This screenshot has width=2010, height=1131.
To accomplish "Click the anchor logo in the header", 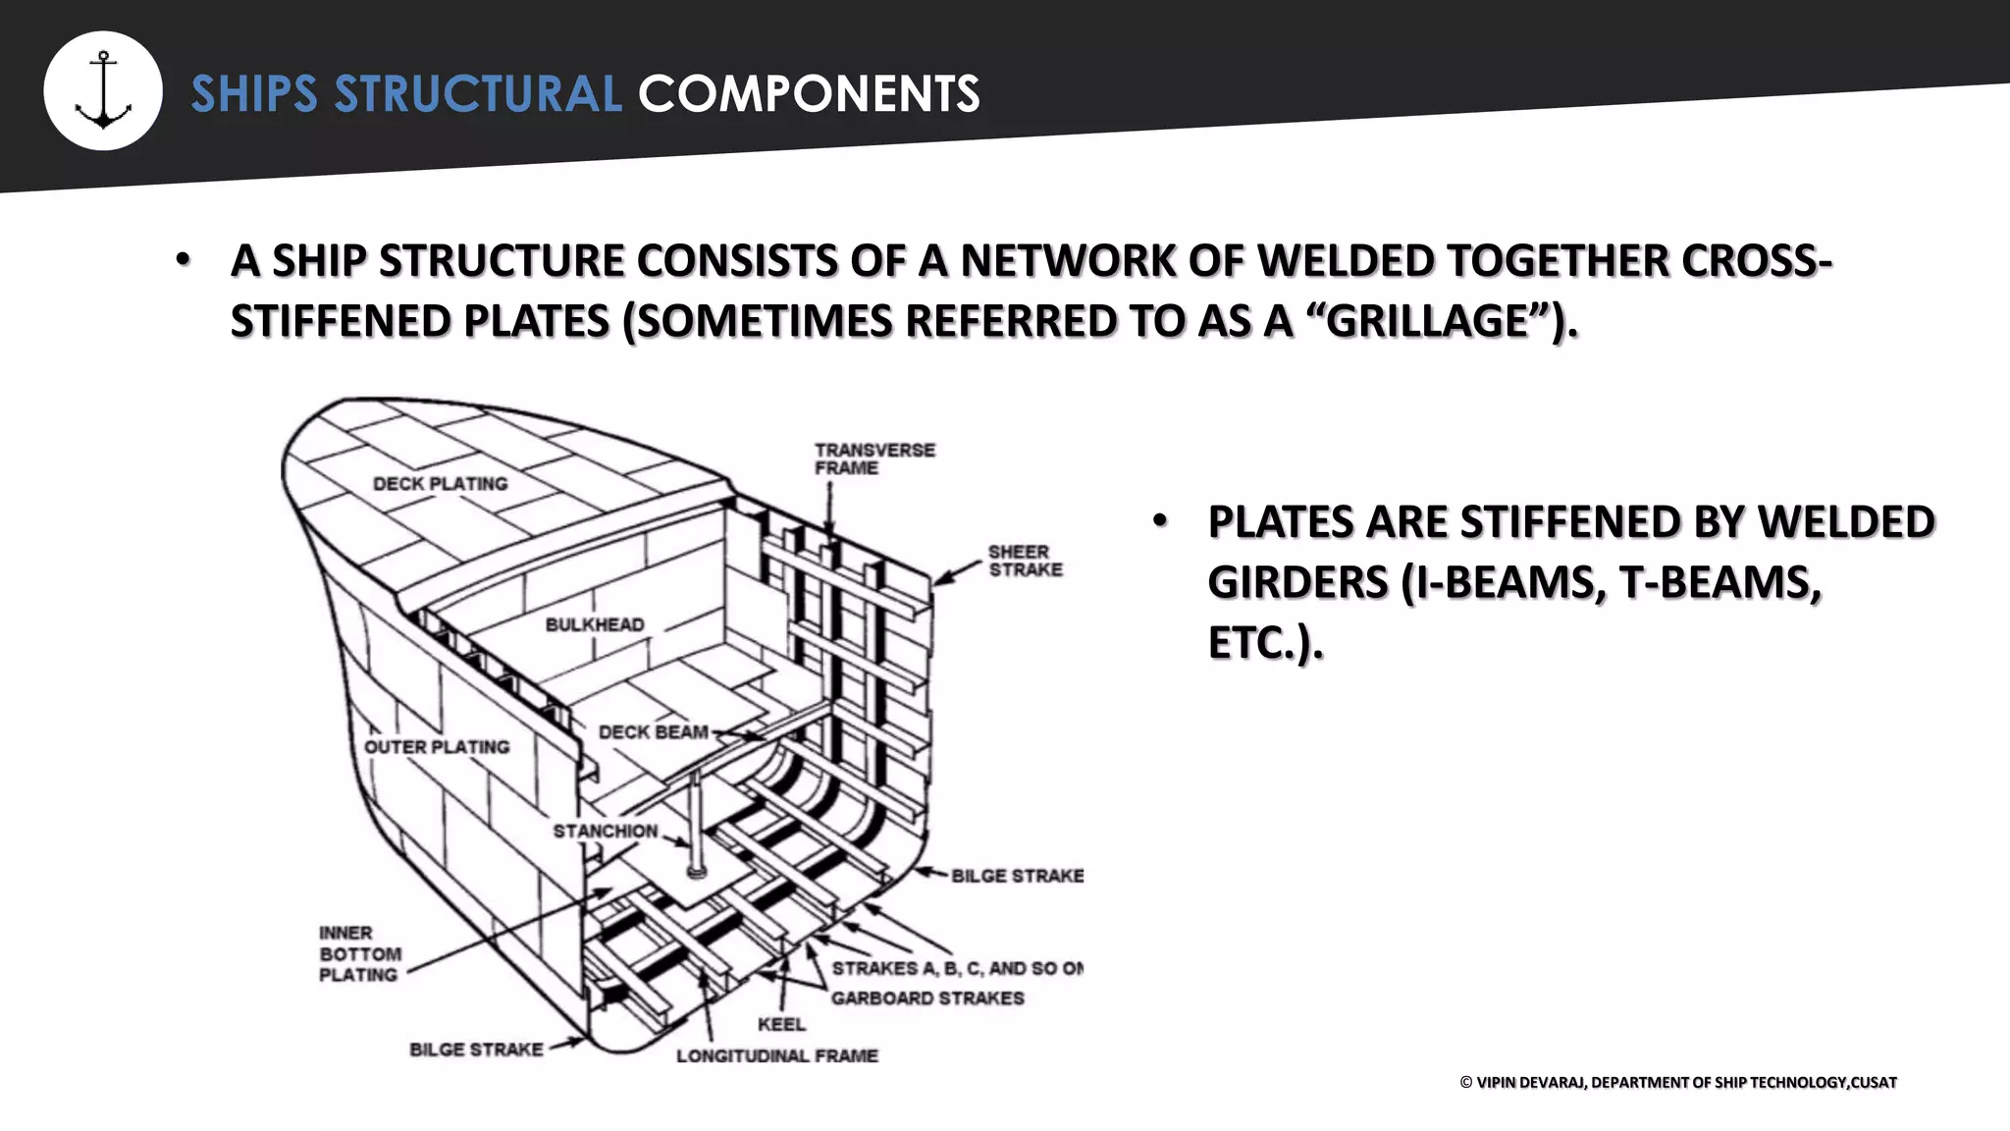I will coord(103,90).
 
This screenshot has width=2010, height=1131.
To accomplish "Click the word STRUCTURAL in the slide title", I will coord(478,94).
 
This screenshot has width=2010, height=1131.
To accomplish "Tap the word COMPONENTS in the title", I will coord(809,94).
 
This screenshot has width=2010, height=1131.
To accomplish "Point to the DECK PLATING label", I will coord(441,483).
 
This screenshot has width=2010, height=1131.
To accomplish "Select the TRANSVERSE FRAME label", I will coord(874,458).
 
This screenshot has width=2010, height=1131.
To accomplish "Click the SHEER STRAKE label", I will coord(1025,561).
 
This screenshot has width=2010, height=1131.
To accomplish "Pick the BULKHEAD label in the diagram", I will coord(595,624).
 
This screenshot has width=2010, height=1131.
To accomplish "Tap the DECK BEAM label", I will coord(653,732).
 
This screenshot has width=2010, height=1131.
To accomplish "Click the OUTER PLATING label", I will coord(437,747).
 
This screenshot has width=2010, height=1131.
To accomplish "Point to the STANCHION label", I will coord(605,831).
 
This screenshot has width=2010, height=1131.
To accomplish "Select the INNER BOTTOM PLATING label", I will coord(360,953).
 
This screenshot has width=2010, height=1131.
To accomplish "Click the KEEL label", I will coord(781,1024).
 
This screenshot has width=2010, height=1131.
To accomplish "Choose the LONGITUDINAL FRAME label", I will coord(776,1055).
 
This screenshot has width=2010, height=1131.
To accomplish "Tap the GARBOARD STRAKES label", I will coord(927,997).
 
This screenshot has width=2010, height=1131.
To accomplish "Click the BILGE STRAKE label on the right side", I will coord(1017,875).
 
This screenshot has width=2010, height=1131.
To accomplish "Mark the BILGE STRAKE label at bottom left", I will coord(476,1050).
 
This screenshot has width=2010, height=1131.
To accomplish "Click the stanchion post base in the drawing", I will coord(696,870).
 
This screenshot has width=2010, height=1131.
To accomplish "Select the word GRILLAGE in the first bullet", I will coord(1428,321).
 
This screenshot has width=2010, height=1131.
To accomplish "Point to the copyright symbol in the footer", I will coord(1466,1082).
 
